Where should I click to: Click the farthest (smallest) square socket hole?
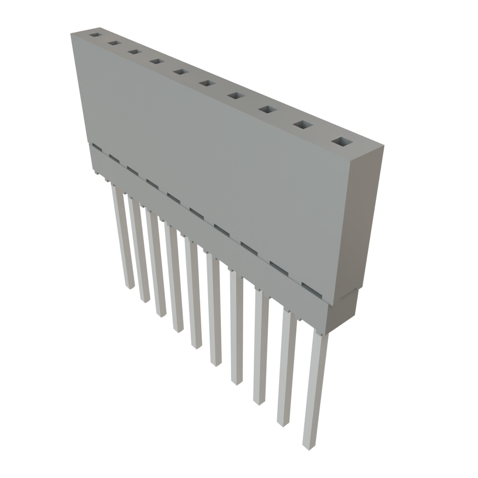point(95,35)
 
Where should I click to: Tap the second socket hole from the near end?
point(303,125)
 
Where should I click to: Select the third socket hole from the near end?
point(267,110)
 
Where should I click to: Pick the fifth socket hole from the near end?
point(206,83)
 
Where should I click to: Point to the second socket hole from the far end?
point(113,43)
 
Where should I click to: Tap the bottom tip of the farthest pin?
point(129,286)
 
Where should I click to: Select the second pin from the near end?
point(286,369)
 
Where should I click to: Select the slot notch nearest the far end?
point(97,148)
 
